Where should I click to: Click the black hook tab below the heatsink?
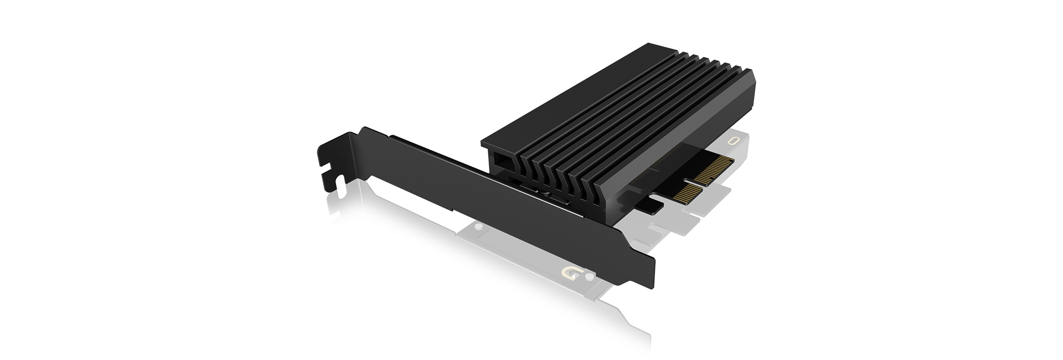649,205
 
